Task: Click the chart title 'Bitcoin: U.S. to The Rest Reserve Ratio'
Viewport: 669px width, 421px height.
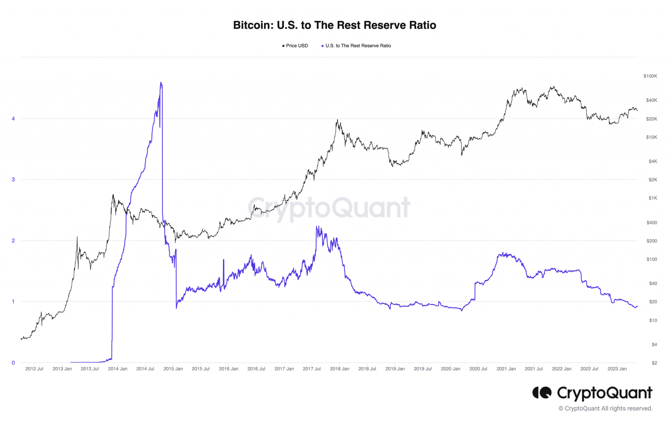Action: (334, 25)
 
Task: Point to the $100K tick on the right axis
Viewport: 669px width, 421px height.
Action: (650, 76)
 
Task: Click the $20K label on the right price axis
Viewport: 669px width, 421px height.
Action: (651, 119)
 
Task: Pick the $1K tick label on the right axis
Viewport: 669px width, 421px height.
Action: (652, 198)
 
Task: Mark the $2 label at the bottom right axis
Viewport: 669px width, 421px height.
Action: (654, 363)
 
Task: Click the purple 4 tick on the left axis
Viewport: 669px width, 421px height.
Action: (13, 119)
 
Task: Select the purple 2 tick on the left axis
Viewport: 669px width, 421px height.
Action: (13, 241)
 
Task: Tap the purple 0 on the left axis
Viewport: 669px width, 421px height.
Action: (13, 363)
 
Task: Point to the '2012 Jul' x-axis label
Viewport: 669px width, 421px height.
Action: (34, 369)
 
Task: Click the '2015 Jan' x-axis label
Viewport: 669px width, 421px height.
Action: (173, 369)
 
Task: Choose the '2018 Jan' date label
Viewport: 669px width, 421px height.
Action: (340, 369)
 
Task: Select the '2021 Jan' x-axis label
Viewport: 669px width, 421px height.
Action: (506, 369)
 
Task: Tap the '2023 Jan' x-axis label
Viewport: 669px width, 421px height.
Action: (617, 369)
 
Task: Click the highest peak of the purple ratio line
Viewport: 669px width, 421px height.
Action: (161, 83)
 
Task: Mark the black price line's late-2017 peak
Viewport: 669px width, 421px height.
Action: (337, 120)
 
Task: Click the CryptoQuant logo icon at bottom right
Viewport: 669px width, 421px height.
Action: (542, 393)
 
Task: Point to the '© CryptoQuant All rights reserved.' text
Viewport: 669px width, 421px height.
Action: (605, 408)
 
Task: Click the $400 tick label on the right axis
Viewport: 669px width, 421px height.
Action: (652, 222)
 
